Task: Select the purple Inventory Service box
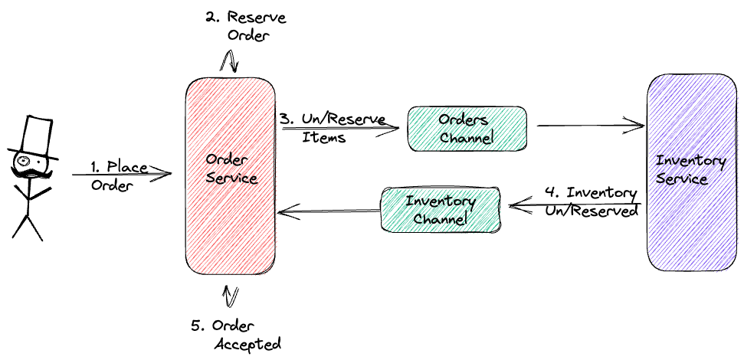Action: pyautogui.click(x=691, y=172)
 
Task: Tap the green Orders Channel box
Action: pyautogui.click(x=465, y=128)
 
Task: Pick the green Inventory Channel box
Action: pyautogui.click(x=440, y=210)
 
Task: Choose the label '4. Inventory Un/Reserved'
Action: pyautogui.click(x=591, y=201)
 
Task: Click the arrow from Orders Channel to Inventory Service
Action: pyautogui.click(x=590, y=123)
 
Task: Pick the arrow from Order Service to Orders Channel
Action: pyautogui.click(x=341, y=129)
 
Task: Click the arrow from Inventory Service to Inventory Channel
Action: pyautogui.click(x=575, y=205)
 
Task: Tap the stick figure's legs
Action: pyautogui.click(x=28, y=226)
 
